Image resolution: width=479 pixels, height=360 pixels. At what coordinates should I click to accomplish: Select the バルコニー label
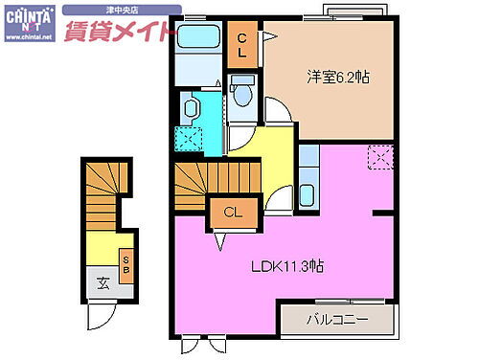click(334, 318)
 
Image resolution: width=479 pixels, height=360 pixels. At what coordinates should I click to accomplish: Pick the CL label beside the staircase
click(233, 213)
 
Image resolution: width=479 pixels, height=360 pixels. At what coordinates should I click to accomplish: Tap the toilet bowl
click(243, 94)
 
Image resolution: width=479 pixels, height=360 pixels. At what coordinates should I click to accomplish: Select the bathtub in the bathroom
click(200, 39)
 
